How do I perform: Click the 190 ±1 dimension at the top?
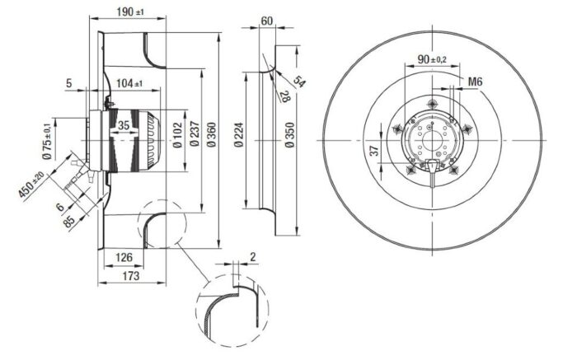[x=130, y=12]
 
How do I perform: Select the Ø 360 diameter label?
[x=211, y=134]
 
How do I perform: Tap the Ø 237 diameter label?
[x=195, y=134]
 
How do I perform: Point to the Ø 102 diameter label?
[x=177, y=134]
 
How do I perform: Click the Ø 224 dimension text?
[x=238, y=134]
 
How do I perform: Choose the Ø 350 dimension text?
[x=289, y=134]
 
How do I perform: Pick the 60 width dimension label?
[x=267, y=21]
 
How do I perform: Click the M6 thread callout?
[x=475, y=82]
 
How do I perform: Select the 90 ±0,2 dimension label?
[x=432, y=58]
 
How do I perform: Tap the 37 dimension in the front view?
[x=374, y=151]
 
